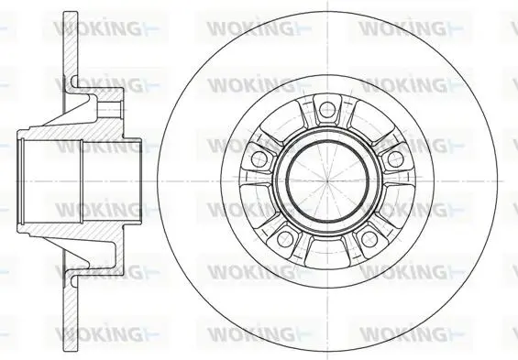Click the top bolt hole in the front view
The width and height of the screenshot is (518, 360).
(327, 109)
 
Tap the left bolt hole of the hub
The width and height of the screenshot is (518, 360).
(259, 158)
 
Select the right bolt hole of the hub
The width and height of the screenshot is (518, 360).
(395, 159)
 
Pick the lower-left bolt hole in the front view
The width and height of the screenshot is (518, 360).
(285, 239)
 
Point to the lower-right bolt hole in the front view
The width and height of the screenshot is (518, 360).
(369, 239)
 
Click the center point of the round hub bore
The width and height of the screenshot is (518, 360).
(327, 181)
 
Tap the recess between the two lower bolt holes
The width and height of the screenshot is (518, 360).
(327, 254)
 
